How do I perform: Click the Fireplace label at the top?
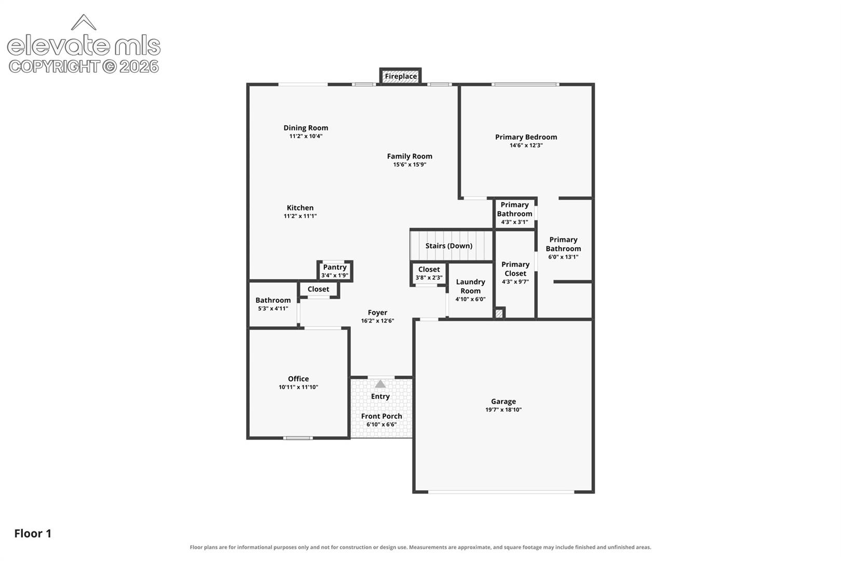point(401,76)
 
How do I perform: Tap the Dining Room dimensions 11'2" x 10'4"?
point(306,136)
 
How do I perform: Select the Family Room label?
point(410,156)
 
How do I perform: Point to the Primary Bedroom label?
point(526,137)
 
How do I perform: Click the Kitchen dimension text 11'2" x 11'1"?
point(300,216)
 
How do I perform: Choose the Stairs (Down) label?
point(449,246)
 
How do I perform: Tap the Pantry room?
point(334,271)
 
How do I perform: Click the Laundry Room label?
point(470,286)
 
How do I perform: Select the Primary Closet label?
point(516,269)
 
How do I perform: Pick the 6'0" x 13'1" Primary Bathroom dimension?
point(563,257)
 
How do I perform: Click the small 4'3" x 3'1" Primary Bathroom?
point(514,213)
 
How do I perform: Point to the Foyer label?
point(377,313)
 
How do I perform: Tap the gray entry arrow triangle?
point(381,384)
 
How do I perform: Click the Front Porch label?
point(382,417)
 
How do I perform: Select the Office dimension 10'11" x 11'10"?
point(298,387)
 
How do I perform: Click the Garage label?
point(504,402)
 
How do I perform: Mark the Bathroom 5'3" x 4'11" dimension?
point(273,309)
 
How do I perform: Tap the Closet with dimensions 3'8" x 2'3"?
point(429,274)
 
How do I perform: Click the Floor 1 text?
point(33,533)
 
